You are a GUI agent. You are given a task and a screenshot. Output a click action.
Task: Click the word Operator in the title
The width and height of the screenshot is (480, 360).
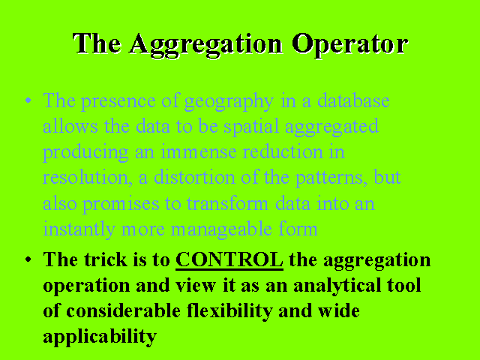pyautogui.click(x=349, y=44)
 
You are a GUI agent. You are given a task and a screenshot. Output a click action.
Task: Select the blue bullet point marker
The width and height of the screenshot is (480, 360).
pyautogui.click(x=28, y=100)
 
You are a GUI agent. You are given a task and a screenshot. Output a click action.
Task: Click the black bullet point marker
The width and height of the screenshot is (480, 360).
pyautogui.click(x=28, y=259)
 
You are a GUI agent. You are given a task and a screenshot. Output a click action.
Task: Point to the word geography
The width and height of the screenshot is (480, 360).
pyautogui.click(x=229, y=102)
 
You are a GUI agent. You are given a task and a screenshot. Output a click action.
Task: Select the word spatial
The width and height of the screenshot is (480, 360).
pyautogui.click(x=251, y=127)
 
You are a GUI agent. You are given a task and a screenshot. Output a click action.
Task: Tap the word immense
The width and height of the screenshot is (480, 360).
pyautogui.click(x=199, y=151)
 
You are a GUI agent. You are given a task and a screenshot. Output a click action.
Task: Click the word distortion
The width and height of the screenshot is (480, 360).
pyautogui.click(x=194, y=177)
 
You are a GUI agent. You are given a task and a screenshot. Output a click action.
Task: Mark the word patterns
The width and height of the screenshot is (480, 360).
pyautogui.click(x=331, y=178)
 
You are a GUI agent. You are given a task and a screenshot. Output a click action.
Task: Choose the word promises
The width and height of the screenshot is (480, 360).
pyautogui.click(x=121, y=204)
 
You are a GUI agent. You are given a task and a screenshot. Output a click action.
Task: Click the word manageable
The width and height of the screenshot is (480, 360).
pyautogui.click(x=221, y=229)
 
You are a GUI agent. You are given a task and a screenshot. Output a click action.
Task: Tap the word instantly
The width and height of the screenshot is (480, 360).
pyautogui.click(x=79, y=229)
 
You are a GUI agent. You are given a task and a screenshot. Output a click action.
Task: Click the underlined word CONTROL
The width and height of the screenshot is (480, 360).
pyautogui.click(x=229, y=260)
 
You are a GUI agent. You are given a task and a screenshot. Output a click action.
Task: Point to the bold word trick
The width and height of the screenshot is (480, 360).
pyautogui.click(x=106, y=259)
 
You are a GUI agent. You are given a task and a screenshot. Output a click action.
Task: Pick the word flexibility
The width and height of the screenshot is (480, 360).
pyautogui.click(x=229, y=311)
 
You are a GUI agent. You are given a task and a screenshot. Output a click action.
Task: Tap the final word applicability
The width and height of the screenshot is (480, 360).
pyautogui.click(x=100, y=337)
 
